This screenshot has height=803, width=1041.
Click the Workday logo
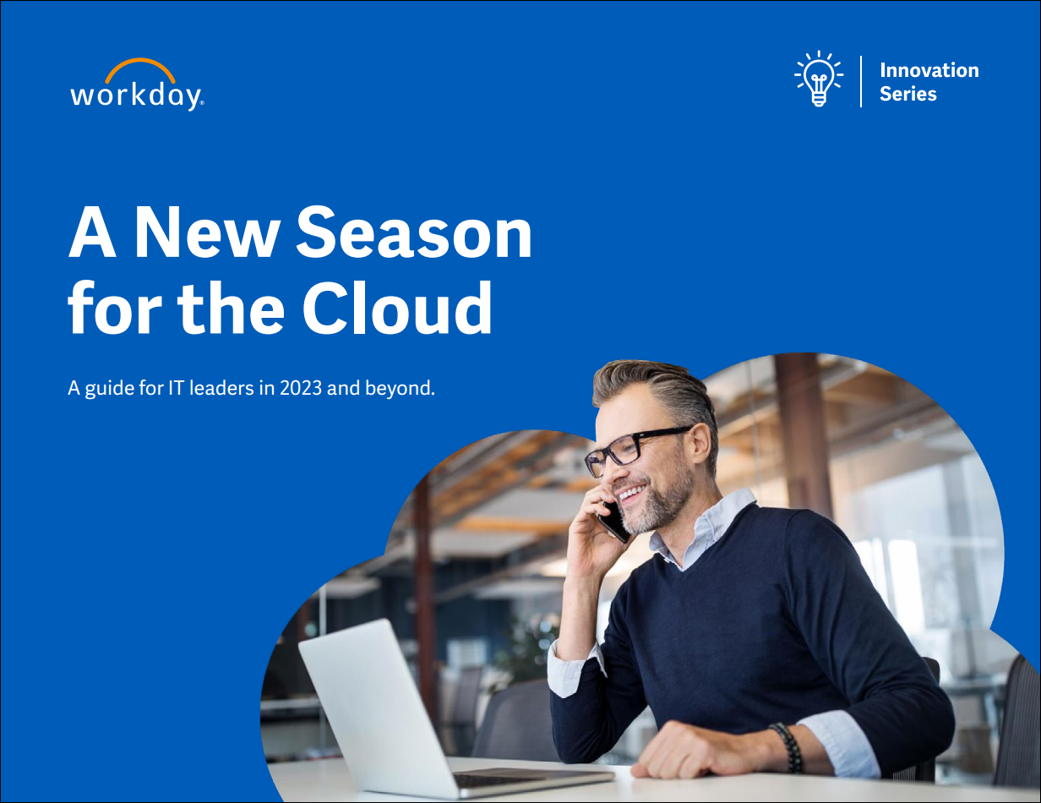(x=137, y=85)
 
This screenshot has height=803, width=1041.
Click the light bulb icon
(x=819, y=79)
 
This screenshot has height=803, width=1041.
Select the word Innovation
(x=929, y=70)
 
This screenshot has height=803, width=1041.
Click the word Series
(x=907, y=94)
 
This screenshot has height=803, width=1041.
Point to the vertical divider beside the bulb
(x=861, y=81)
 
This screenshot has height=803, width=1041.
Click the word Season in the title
(x=414, y=232)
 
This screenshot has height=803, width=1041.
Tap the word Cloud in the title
(x=396, y=307)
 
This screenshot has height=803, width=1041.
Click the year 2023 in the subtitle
(x=300, y=388)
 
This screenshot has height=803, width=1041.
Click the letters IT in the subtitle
(x=176, y=388)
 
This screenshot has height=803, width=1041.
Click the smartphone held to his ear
(x=613, y=522)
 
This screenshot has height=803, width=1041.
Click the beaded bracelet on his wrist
(x=788, y=747)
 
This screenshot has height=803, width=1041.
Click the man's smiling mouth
(x=631, y=493)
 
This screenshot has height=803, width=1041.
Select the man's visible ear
(x=700, y=443)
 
